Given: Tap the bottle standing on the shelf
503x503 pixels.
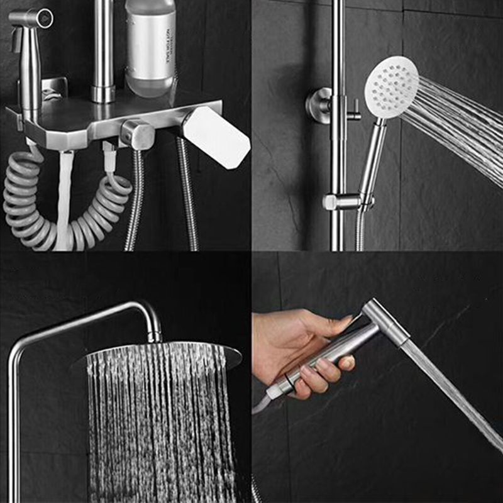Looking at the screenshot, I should [x=150, y=47].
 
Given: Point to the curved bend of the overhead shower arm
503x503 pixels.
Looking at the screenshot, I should [x=145, y=311].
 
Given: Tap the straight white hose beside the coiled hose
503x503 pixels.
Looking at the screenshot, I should [x=65, y=201].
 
